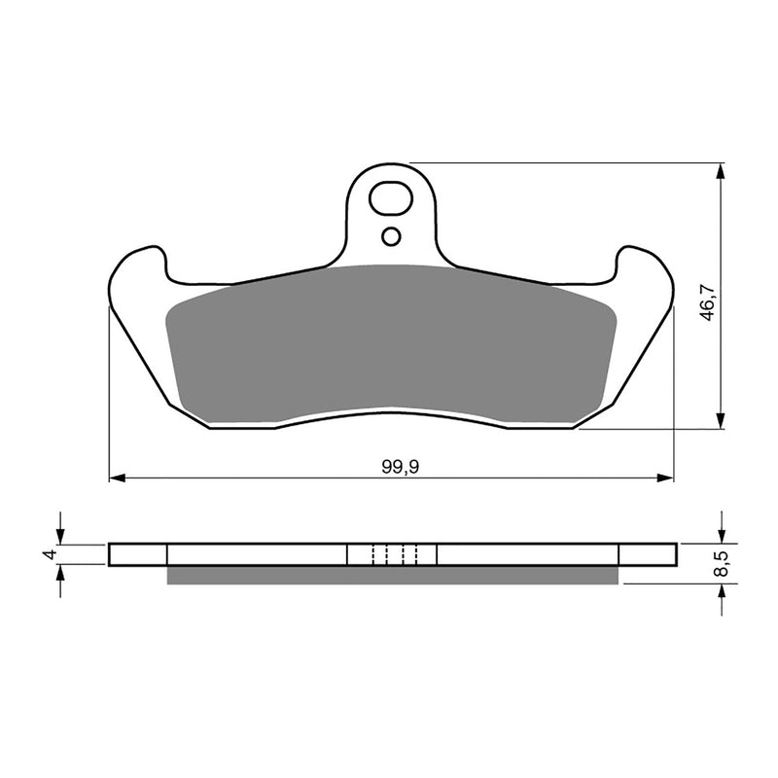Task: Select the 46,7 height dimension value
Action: point(709,302)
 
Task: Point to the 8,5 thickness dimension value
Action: point(721,563)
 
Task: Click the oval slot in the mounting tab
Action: point(391,198)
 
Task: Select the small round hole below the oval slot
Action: point(391,235)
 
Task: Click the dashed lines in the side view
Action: point(393,554)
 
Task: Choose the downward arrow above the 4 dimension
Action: point(61,534)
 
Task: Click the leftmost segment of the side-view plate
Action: point(138,554)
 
